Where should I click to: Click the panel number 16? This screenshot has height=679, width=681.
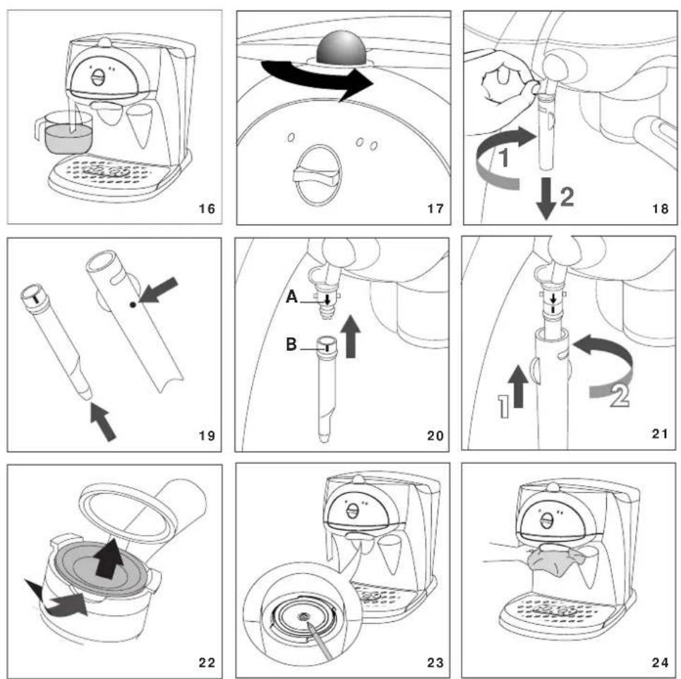[x=207, y=209]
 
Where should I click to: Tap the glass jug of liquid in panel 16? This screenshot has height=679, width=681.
[x=65, y=133]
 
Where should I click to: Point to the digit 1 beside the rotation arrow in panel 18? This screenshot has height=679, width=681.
[x=504, y=157]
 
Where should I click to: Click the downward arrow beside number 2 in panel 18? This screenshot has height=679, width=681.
[x=546, y=198]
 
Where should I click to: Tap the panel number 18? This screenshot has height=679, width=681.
[x=660, y=209]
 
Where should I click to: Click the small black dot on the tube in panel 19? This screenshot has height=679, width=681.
[x=133, y=304]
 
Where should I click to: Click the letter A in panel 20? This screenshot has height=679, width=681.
[x=292, y=297]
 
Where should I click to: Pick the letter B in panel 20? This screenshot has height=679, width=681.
[x=291, y=344]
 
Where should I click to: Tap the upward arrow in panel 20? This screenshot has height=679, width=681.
[x=351, y=337]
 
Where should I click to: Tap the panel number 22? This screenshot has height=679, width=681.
[x=207, y=663]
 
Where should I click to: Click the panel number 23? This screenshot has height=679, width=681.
[x=435, y=663]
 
